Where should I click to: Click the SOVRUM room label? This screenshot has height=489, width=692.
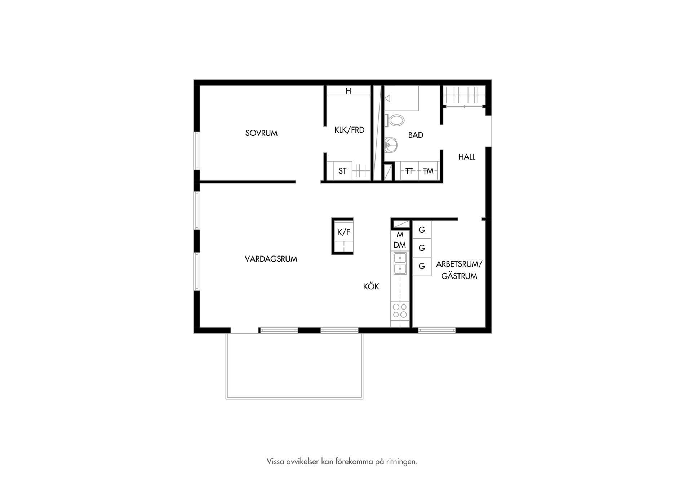tap(261, 133)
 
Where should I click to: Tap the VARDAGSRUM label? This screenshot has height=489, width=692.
tap(271, 259)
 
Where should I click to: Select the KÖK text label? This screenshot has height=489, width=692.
tap(371, 286)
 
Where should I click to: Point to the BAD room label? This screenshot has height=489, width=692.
tap(416, 135)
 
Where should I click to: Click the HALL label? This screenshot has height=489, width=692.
tap(467, 157)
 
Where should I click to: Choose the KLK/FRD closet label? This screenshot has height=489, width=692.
tap(349, 130)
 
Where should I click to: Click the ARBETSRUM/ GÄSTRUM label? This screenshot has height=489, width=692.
tap(459, 270)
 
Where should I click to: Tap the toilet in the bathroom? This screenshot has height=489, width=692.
tap(395, 120)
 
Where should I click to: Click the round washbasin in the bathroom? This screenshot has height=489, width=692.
tap(391, 145)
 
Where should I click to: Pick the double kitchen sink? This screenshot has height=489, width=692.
tap(400, 263)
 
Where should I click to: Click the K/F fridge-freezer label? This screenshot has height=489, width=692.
tap(343, 232)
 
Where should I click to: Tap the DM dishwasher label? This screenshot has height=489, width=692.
tap(400, 245)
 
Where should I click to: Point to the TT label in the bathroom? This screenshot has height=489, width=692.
tap(409, 171)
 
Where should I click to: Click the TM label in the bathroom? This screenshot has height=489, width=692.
tap(428, 171)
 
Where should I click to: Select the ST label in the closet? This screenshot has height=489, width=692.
tap(342, 171)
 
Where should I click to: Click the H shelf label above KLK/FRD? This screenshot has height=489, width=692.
tap(348, 91)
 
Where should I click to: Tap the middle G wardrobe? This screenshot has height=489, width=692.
tap(422, 248)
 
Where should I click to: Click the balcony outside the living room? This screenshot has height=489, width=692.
tap(294, 366)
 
